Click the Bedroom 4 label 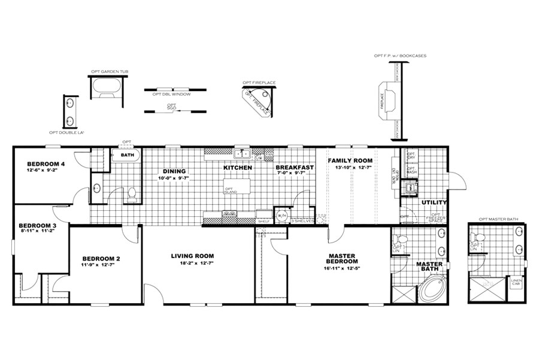[46, 164]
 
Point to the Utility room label [434, 202]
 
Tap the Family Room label [350, 161]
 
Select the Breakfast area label [295, 168]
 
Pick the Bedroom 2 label [101, 259]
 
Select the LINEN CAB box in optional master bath [516, 282]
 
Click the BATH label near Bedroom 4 [127, 155]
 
